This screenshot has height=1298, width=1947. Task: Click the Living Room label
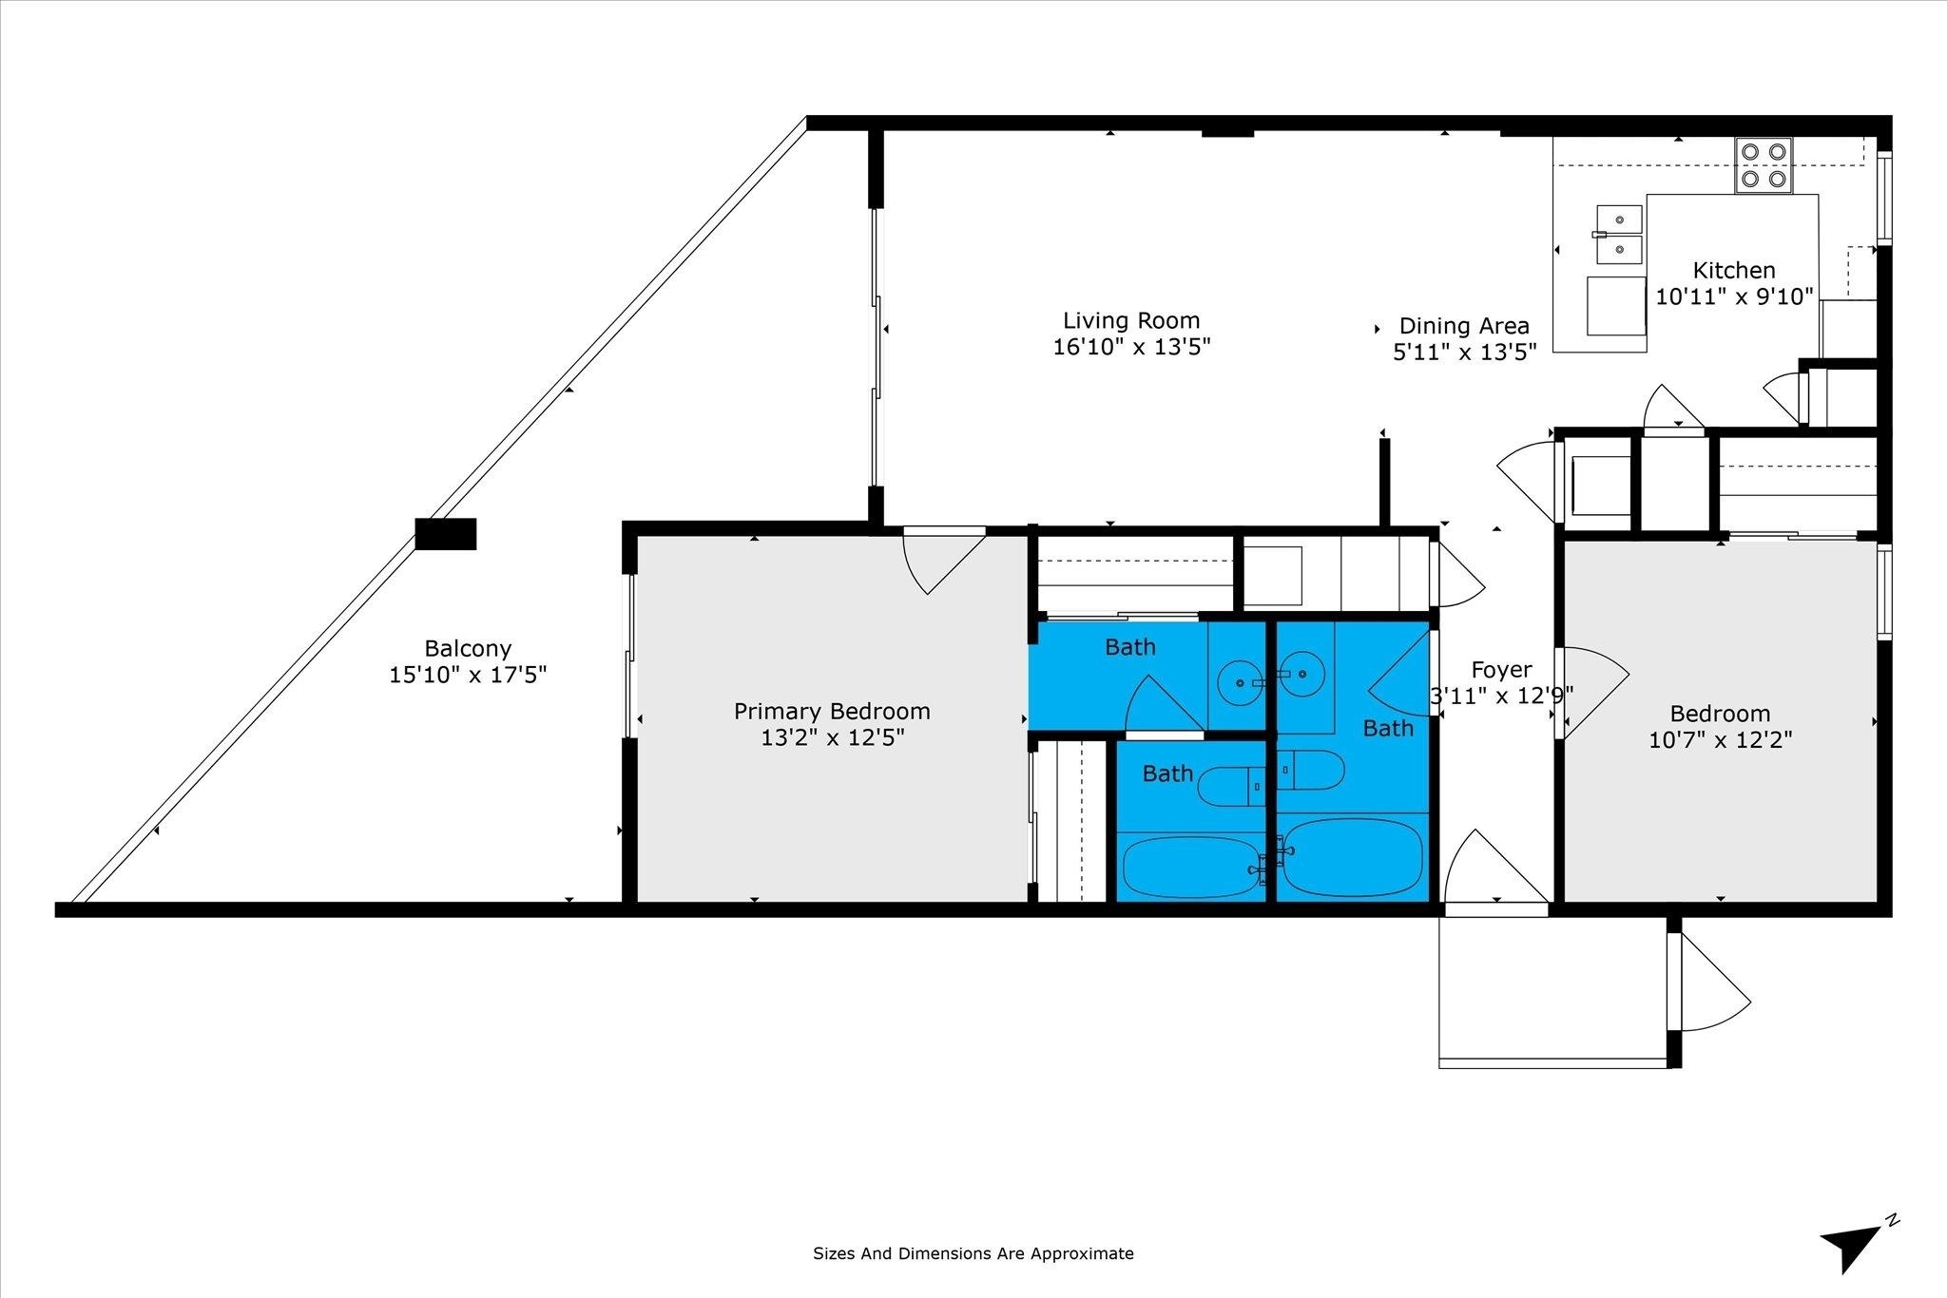(1131, 320)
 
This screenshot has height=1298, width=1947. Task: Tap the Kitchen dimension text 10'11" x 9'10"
(1734, 296)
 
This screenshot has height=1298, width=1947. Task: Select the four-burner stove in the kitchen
(1764, 165)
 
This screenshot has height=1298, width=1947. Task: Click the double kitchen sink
(1619, 235)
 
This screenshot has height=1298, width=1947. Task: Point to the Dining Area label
(1464, 326)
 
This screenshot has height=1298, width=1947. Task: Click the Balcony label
(468, 648)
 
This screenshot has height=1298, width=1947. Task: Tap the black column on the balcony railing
(446, 534)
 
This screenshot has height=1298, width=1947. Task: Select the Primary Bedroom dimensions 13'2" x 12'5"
(832, 737)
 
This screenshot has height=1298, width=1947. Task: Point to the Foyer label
(1501, 670)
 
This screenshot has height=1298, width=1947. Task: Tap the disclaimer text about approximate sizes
(973, 1253)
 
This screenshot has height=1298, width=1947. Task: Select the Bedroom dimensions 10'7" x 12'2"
(1721, 739)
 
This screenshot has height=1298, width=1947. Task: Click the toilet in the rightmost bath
(1310, 770)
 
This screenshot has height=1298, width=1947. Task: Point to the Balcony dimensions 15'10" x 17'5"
(468, 675)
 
